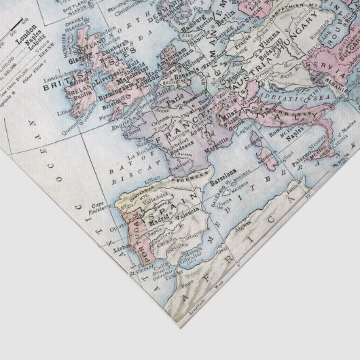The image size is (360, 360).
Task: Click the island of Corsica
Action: [x=259, y=139]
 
